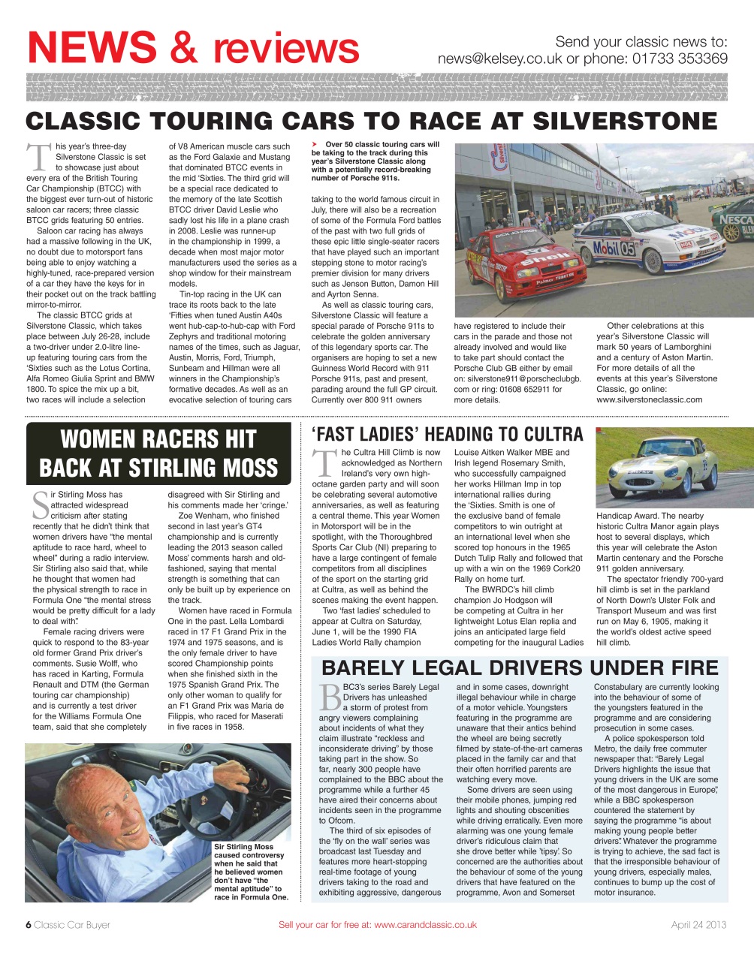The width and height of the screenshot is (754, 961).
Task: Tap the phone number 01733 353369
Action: pyautogui.click(x=680, y=59)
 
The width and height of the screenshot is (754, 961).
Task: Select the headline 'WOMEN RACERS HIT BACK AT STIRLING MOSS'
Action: pyautogui.click(x=158, y=453)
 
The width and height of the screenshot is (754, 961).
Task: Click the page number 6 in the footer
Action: pyautogui.click(x=29, y=924)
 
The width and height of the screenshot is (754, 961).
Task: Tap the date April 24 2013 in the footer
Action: pyautogui.click(x=698, y=924)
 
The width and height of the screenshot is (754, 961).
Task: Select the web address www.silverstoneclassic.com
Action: pyautogui.click(x=650, y=399)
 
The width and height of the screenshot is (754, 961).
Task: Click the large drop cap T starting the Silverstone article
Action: pyautogui.click(x=38, y=158)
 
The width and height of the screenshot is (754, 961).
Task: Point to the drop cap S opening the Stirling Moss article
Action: pyautogui.click(x=41, y=505)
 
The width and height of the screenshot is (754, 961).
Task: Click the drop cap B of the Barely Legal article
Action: pyautogui.click(x=330, y=697)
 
